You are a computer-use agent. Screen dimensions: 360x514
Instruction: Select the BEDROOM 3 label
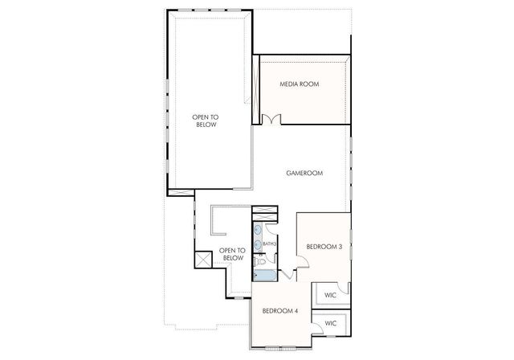point(324,247)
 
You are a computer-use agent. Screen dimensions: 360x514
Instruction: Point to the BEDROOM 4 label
point(280,310)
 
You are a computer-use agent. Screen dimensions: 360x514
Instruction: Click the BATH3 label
point(270,243)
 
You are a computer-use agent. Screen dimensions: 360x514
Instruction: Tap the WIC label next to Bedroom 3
point(330,295)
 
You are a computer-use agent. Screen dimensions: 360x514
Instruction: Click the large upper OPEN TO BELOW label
point(206,121)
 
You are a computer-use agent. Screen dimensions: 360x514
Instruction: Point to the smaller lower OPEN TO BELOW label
point(231,253)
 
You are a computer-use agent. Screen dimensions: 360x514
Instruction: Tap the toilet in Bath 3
point(262,261)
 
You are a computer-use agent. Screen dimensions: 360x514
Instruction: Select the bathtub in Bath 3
point(264,276)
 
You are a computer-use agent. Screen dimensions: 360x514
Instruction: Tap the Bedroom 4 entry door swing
point(288,276)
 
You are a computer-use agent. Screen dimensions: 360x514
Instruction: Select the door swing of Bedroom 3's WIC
point(343,289)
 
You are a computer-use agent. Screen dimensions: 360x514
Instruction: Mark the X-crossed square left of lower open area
point(201,260)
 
